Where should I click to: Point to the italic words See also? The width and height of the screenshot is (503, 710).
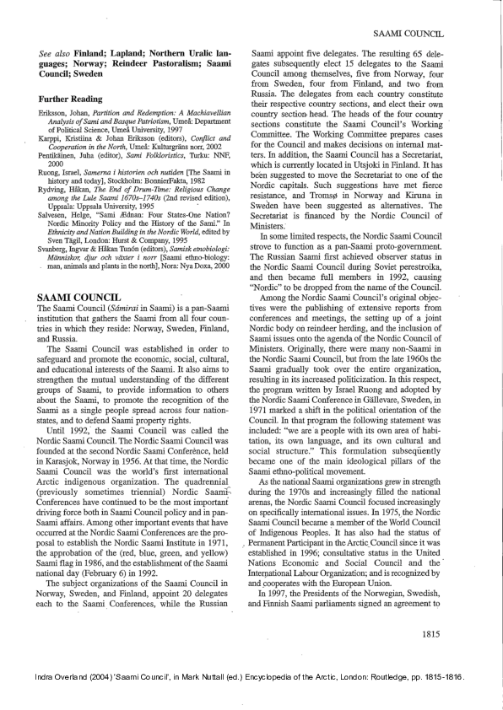coord(56,52)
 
